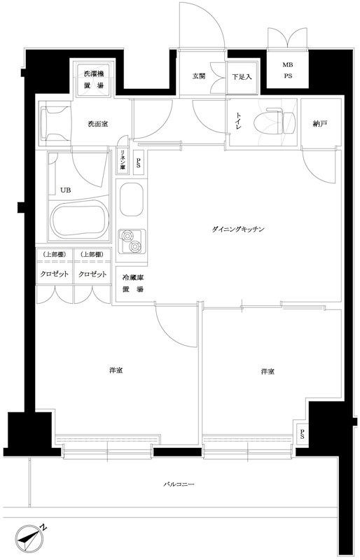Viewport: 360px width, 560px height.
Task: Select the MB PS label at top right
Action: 287,71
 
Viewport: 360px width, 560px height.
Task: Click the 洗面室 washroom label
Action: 97,125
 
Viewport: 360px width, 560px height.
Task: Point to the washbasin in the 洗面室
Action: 55,124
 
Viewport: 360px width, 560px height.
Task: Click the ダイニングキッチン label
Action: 238,230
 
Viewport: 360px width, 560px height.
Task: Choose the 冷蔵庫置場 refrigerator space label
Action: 132,284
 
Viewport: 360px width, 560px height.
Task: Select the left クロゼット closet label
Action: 53,274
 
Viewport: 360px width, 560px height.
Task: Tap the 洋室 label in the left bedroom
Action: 117,370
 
